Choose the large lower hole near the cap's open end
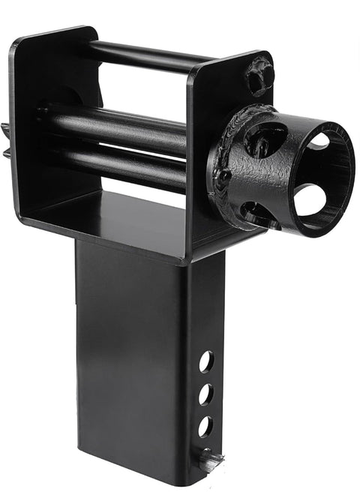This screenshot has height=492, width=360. click(310, 200)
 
